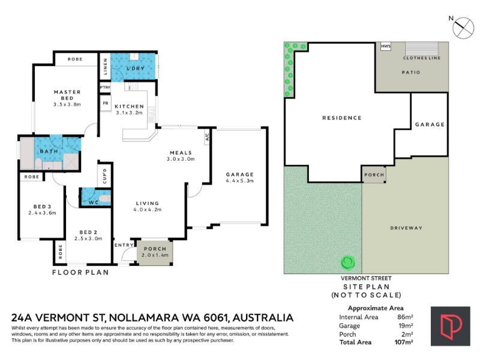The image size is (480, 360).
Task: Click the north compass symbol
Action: click(x=463, y=28)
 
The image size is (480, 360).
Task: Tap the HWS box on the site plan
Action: click(x=386, y=47)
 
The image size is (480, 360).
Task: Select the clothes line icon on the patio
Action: click(x=422, y=49)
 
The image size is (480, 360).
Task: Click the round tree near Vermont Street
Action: click(x=348, y=263)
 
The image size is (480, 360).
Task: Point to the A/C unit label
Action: click(x=207, y=137)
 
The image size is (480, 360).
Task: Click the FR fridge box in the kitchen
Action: click(x=106, y=103)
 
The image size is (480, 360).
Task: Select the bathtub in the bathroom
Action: click(x=26, y=154)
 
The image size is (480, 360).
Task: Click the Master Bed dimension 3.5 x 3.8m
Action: click(x=67, y=104)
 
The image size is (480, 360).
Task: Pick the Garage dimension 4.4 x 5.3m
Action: click(x=239, y=181)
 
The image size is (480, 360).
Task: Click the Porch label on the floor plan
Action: click(x=155, y=249)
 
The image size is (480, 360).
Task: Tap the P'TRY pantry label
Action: click(x=105, y=88)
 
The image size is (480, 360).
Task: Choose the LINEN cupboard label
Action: click(x=106, y=67)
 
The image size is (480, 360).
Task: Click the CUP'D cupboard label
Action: click(x=105, y=176)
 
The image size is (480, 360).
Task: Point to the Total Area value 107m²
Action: click(x=404, y=342)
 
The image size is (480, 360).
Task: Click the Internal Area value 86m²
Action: click(x=405, y=317)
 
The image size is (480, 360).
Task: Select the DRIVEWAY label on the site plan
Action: click(x=406, y=228)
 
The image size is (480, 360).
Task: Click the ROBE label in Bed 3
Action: click(x=32, y=177)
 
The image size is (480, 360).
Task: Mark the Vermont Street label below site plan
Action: click(x=366, y=278)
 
